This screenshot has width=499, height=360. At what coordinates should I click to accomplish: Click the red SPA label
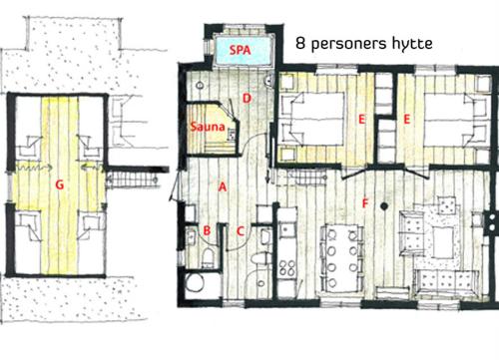pos(240,50)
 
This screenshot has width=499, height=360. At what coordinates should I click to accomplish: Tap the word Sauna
pos(208,127)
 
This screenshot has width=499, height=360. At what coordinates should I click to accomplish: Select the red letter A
pos(223,186)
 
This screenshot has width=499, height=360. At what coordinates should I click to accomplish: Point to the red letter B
pos(207,230)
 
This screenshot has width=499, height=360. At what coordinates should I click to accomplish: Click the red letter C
pos(241,230)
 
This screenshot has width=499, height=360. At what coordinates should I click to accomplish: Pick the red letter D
pos(247,99)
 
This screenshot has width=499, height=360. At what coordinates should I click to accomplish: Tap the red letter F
pos(365,203)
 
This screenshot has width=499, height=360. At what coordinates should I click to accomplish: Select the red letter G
pos(59,184)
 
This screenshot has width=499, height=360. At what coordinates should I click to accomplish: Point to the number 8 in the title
pos(300,44)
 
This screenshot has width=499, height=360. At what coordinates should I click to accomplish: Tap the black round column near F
pos(384,206)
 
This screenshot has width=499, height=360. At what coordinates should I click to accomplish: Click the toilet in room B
pos(209,257)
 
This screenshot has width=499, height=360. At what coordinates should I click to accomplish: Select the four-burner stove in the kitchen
pos(286,267)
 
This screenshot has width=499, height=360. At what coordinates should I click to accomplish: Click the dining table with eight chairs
pos(341,257)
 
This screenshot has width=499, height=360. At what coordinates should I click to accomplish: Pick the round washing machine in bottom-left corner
pos(195,282)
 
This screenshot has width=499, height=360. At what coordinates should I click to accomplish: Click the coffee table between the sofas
pos(443,242)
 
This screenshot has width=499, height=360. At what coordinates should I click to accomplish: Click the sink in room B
pos(191,236)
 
